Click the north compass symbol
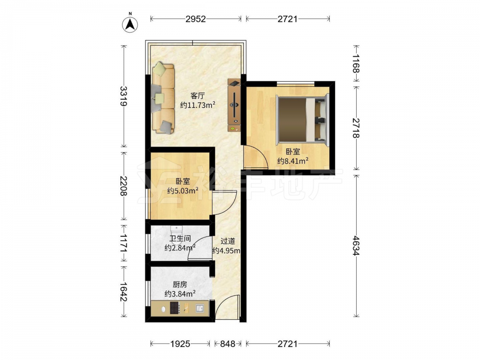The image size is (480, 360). (130, 24)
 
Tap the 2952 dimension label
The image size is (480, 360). (196, 19)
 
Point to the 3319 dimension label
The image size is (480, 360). (124, 96)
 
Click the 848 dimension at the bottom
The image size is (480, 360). (228, 344)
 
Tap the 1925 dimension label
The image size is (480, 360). (180, 344)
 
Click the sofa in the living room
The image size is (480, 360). (163, 97)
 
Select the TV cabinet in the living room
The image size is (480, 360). (234, 105)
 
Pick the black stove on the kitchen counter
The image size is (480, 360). (175, 308)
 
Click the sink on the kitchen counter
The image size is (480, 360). (200, 308)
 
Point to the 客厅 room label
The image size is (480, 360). (197, 96)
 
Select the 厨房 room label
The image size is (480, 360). (180, 284)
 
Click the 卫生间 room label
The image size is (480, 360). (180, 238)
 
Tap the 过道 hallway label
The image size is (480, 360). (228, 241)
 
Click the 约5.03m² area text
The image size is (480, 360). (183, 191)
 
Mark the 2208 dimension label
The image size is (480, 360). (124, 186)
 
